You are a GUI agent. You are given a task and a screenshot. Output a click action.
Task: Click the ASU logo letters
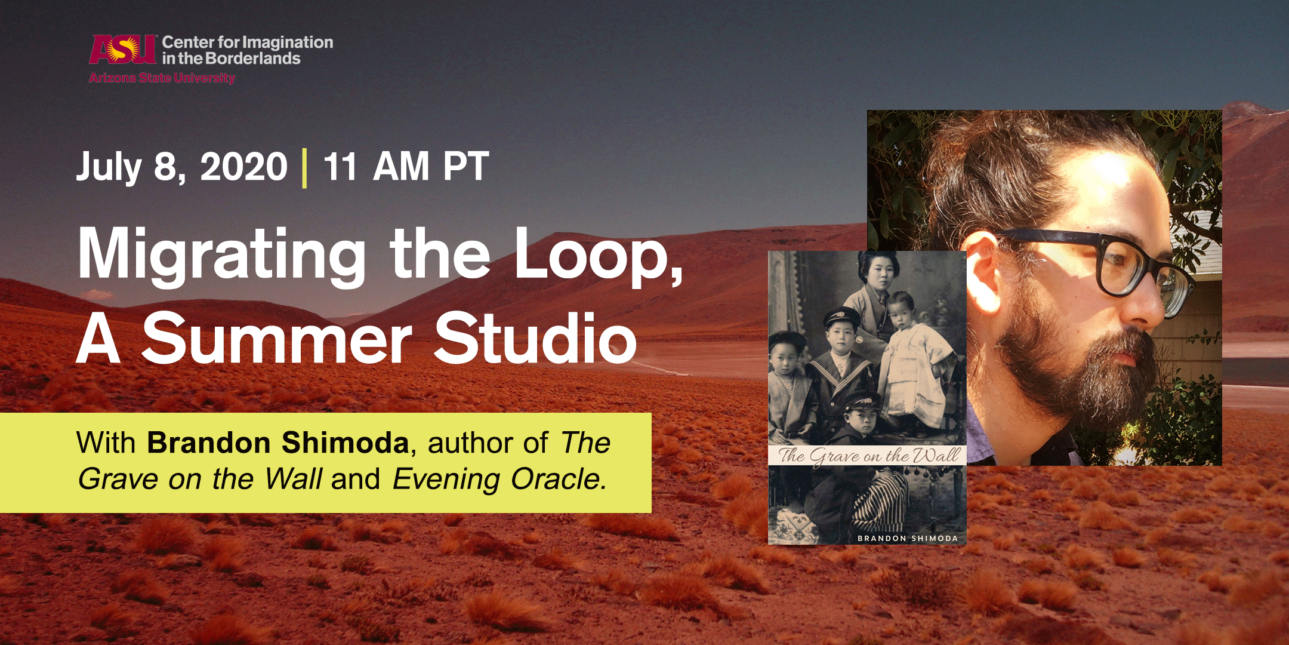pos(123,49)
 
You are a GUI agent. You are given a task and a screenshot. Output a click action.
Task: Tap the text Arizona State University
pos(162,78)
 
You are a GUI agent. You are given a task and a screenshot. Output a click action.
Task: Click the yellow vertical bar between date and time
pos(305,168)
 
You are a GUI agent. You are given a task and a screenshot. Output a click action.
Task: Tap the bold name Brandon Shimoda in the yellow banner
pos(278,443)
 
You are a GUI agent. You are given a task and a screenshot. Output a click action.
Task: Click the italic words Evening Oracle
pos(499,479)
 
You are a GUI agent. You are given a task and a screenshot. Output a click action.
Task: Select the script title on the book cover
pos(868,455)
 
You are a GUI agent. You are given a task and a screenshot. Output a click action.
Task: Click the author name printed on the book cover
pos(908,538)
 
